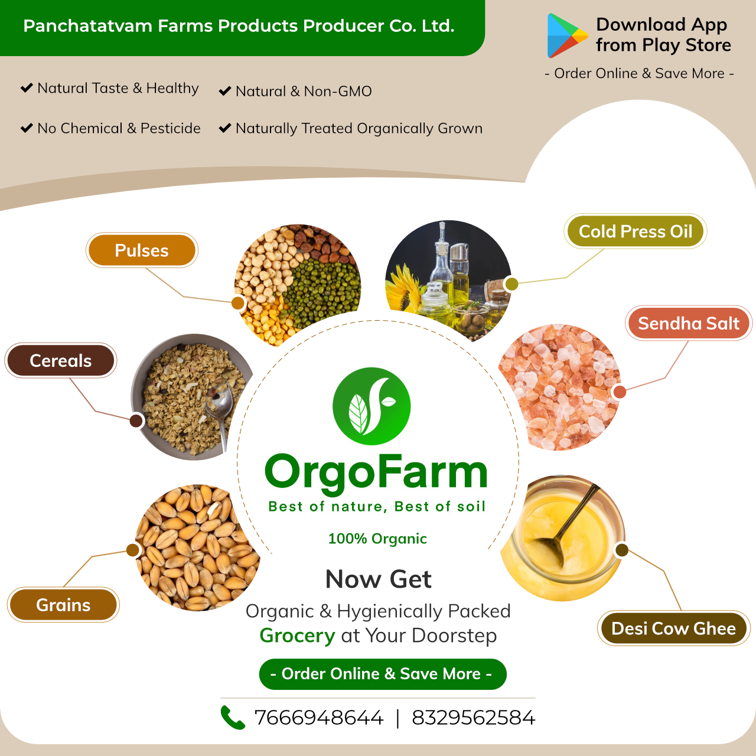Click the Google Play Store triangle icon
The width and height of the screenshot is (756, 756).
pyautogui.click(x=566, y=35)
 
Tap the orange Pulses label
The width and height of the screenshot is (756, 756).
pyautogui.click(x=142, y=250)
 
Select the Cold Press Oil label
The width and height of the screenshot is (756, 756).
pyautogui.click(x=635, y=231)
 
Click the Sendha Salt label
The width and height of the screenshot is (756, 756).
pyautogui.click(x=689, y=323)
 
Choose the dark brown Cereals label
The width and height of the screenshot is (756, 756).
pyautogui.click(x=60, y=360)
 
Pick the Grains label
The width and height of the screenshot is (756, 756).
pyautogui.click(x=63, y=605)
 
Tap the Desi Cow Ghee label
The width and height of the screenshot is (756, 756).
pyautogui.click(x=674, y=628)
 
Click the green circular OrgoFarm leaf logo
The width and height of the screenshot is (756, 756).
pyautogui.click(x=372, y=406)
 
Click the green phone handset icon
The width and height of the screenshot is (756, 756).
pyautogui.click(x=233, y=717)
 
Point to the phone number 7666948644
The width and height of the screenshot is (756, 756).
pyautogui.click(x=318, y=718)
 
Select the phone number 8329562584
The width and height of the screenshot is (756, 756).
pyautogui.click(x=473, y=718)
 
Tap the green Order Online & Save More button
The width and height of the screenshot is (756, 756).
pyautogui.click(x=383, y=674)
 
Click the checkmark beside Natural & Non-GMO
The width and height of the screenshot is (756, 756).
pyautogui.click(x=225, y=91)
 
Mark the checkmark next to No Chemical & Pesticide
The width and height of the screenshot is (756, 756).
pyautogui.click(x=27, y=128)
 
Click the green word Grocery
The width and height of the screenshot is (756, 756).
pyautogui.click(x=297, y=636)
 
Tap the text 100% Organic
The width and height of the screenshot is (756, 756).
pyautogui.click(x=377, y=539)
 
